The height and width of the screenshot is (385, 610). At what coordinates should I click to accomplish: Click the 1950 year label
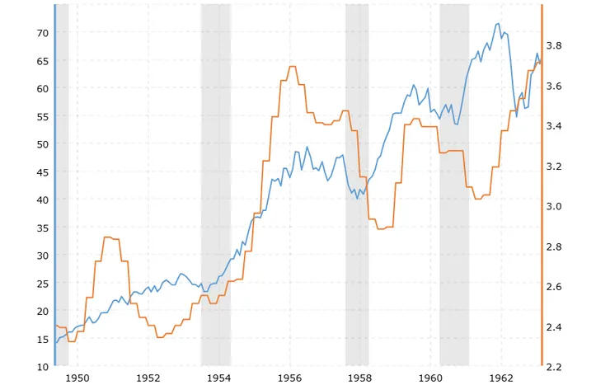click(77, 378)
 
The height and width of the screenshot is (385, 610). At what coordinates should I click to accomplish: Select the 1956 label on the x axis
click(289, 378)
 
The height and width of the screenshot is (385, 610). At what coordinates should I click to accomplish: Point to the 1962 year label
click(501, 378)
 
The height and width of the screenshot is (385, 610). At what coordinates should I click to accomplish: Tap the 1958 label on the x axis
click(360, 378)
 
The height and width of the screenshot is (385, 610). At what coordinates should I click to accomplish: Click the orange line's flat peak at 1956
click(293, 67)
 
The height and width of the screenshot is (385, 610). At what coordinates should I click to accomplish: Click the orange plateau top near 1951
click(108, 237)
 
